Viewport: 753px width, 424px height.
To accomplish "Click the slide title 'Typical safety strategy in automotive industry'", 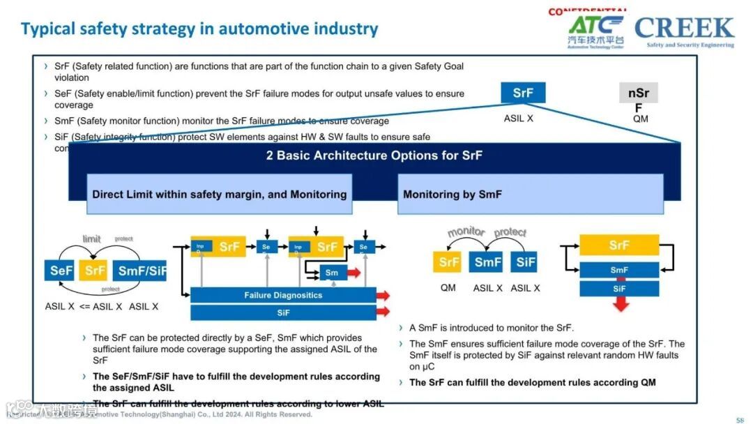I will [199, 29].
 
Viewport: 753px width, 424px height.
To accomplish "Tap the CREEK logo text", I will [684, 28].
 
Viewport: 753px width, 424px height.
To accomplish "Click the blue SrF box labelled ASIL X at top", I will [523, 93].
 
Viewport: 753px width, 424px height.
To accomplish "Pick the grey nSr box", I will [638, 93].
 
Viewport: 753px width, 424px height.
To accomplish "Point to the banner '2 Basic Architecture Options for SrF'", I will [374, 156].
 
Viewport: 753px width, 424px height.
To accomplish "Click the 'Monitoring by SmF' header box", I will [530, 194].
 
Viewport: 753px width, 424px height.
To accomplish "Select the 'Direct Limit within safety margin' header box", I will [219, 194].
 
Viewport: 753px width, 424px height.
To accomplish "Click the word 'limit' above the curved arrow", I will [92, 239].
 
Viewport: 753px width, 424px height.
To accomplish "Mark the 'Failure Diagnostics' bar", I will [283, 295].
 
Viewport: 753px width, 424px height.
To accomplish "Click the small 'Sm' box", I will [332, 273].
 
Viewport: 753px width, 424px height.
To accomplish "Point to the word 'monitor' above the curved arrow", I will [466, 232].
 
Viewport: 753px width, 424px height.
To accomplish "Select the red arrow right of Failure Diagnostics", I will [383, 295].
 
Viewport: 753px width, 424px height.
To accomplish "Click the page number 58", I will [740, 419].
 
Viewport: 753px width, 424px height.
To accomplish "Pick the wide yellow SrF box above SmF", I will [619, 245].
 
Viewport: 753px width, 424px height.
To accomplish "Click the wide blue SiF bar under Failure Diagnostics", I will [283, 313].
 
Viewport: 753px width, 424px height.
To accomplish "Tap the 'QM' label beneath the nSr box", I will [640, 119].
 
